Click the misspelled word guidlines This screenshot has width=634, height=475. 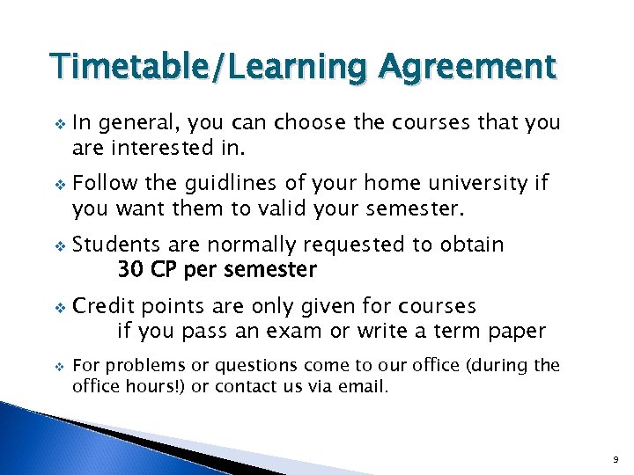pyautogui.click(x=219, y=183)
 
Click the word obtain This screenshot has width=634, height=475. pyautogui.click(x=473, y=245)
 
